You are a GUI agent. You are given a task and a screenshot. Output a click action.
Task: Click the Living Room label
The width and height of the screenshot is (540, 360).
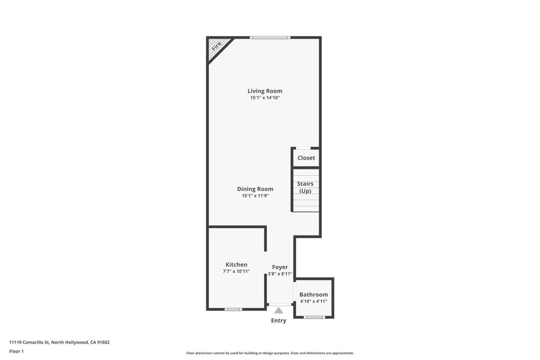265,91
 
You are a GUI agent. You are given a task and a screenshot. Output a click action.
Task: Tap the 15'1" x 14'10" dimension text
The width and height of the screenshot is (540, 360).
265,98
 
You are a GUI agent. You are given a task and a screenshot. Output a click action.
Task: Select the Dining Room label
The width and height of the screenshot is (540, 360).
255,189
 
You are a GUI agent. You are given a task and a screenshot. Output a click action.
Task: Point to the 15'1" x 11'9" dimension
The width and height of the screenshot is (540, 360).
255,196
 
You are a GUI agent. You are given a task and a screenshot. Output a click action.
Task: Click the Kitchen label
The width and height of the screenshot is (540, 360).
236,265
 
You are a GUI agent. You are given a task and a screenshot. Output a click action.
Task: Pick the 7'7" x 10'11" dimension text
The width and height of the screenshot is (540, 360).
236,271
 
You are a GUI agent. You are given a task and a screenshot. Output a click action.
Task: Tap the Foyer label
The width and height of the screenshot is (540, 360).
280,267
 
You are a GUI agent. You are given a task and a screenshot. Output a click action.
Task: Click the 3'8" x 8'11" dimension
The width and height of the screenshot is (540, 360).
280,274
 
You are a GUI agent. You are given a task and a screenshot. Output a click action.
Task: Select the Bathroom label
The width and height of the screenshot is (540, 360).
314,295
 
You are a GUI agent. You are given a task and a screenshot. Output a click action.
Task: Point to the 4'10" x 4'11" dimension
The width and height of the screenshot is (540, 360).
314,301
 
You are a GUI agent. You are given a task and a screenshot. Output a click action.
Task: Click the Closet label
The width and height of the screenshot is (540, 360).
306,158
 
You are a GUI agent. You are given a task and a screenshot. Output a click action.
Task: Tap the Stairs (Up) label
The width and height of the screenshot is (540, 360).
305,187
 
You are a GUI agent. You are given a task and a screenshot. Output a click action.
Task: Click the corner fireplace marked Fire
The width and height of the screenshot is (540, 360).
217,46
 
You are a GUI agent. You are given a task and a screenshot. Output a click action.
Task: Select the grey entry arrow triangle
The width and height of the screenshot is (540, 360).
278,310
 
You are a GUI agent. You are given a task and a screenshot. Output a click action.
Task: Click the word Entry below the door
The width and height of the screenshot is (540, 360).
278,320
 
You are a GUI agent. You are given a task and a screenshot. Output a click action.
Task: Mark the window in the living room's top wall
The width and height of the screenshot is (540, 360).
270,37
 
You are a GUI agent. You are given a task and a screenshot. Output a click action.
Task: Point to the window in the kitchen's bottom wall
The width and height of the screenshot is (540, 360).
233,309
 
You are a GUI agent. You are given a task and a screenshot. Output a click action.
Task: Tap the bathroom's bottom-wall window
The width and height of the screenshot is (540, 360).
314,317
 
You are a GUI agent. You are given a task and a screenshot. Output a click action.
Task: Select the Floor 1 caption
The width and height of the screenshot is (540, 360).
17,351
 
